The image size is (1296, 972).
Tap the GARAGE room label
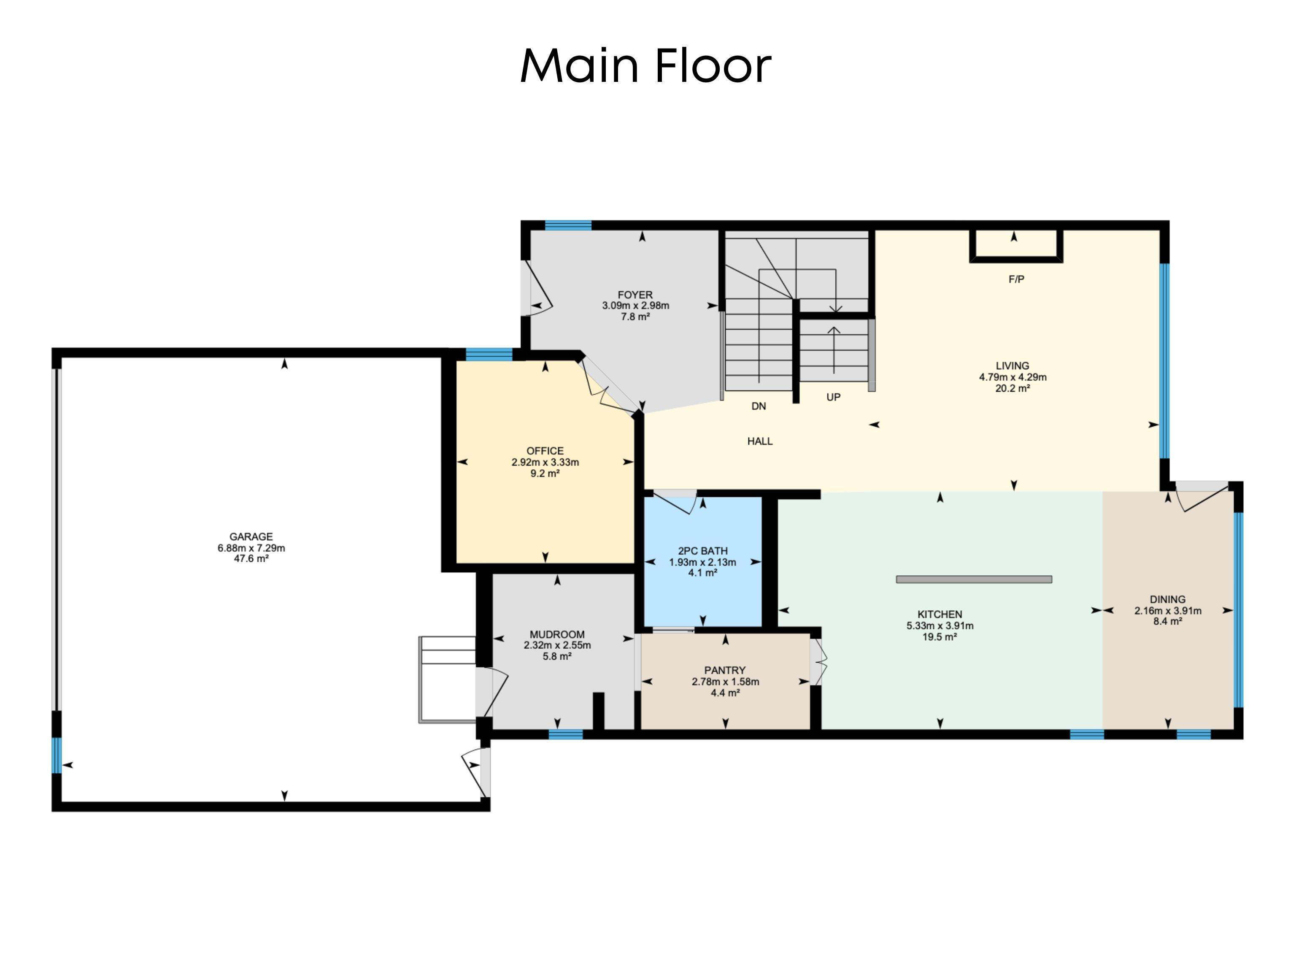[251, 536]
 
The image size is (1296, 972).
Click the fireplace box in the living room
[1015, 245]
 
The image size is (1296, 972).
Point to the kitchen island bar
[974, 579]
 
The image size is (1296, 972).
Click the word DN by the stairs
[759, 406]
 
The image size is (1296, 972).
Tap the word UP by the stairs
[833, 398]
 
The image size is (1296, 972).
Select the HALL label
[760, 441]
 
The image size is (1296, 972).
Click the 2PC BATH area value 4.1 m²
[702, 573]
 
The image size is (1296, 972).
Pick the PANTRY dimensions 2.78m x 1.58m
[725, 682]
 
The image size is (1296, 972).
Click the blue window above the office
[489, 354]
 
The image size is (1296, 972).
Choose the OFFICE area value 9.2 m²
[545, 474]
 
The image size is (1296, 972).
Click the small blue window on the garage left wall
[56, 755]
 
